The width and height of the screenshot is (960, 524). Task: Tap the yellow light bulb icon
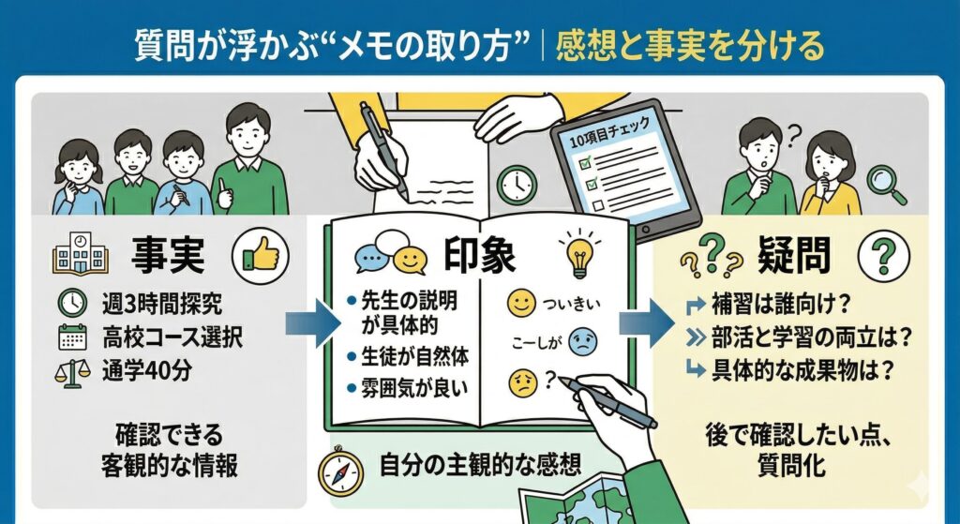578,253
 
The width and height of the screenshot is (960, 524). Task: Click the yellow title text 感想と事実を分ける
690,45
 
